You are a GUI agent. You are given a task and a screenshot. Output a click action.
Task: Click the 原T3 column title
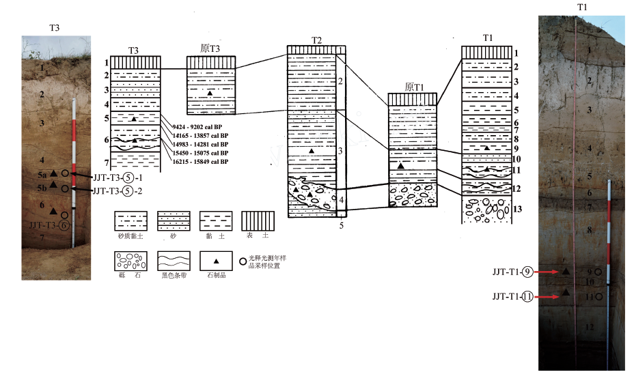click(x=210, y=48)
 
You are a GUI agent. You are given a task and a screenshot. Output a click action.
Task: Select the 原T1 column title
click(x=413, y=87)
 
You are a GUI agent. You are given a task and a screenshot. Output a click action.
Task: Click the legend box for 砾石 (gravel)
click(x=130, y=262)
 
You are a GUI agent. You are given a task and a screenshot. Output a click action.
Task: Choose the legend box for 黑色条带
click(x=174, y=262)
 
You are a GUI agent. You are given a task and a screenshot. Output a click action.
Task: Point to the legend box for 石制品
click(x=217, y=262)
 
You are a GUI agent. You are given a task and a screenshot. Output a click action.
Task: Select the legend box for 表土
click(x=259, y=221)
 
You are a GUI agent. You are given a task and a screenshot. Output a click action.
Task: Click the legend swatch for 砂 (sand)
click(x=174, y=221)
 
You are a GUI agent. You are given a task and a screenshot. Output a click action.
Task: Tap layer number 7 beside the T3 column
click(x=107, y=162)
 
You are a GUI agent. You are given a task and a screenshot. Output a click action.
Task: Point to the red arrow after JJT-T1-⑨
click(x=547, y=272)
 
